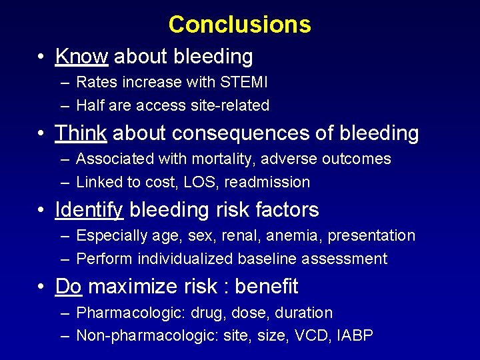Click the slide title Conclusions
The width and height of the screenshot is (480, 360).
tap(239, 25)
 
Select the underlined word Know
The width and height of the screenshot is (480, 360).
tap(81, 57)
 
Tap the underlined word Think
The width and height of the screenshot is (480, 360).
tap(81, 133)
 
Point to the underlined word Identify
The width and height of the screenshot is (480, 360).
tap(89, 210)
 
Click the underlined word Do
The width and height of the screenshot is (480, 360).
tap(68, 287)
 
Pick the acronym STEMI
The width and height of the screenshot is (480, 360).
tap(245, 83)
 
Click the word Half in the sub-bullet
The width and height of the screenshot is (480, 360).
tap(90, 105)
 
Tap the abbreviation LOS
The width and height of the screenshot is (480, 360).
tap(204, 182)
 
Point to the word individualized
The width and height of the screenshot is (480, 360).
tap(178, 259)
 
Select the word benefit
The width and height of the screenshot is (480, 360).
tap(267, 287)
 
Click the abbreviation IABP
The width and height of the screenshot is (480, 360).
tap(354, 335)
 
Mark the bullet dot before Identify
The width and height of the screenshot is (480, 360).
tap(41, 211)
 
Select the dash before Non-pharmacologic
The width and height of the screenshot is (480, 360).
tap(64, 336)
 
